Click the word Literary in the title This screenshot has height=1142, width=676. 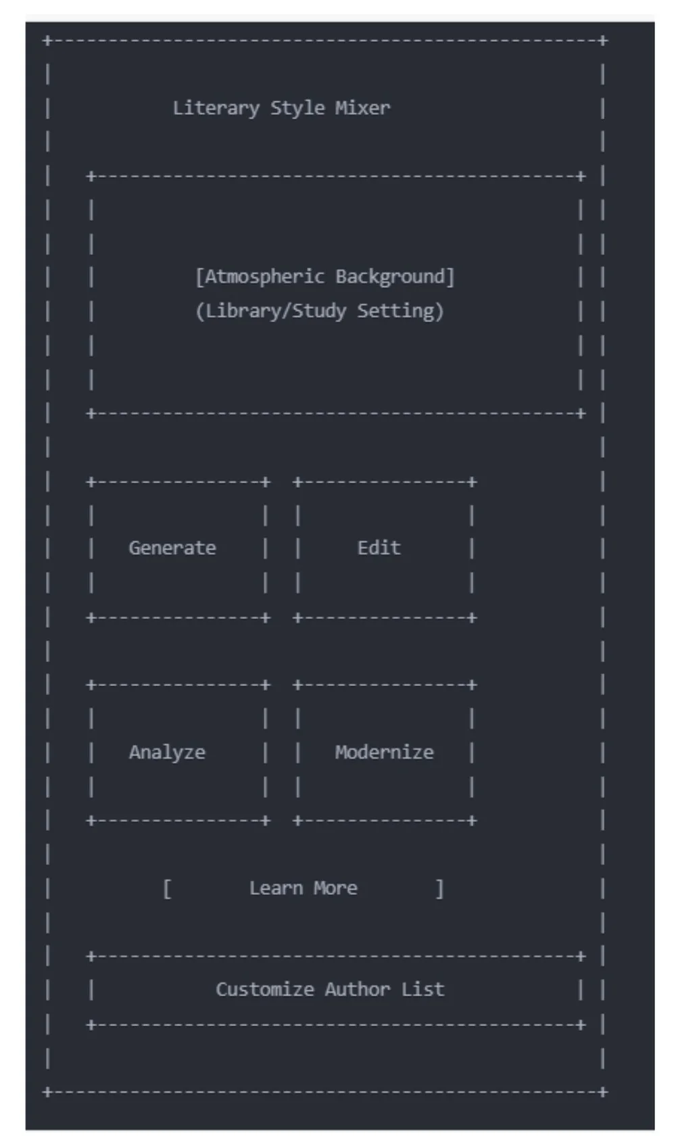point(216,108)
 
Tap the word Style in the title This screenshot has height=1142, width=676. point(297,108)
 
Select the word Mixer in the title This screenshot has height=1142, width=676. point(362,108)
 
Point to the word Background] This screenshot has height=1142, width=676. point(395,277)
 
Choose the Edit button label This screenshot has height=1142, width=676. point(379,548)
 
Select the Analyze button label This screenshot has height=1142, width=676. point(167,752)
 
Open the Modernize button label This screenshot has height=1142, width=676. point(384,752)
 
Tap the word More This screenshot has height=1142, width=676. point(335,888)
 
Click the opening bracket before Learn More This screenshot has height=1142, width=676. point(167,888)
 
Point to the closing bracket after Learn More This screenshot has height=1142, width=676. point(439,888)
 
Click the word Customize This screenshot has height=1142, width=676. point(264,989)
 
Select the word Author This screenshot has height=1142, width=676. point(357,989)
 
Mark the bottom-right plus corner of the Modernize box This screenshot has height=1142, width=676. point(472,821)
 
